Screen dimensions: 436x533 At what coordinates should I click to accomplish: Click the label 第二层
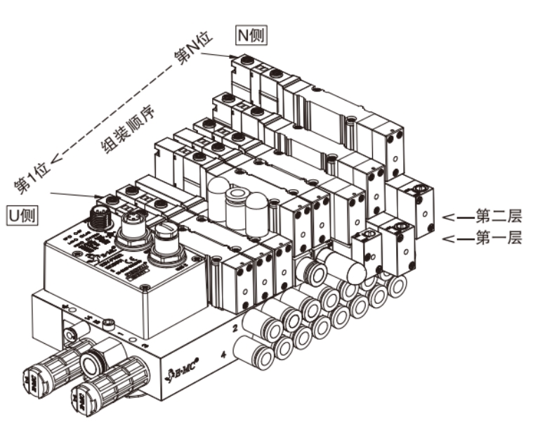499,217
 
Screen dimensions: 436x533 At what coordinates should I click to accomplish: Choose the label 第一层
499,239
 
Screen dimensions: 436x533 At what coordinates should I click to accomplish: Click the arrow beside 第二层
458,218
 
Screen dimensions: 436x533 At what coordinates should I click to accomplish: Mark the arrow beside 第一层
458,240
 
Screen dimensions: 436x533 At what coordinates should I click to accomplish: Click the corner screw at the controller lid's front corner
144,287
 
